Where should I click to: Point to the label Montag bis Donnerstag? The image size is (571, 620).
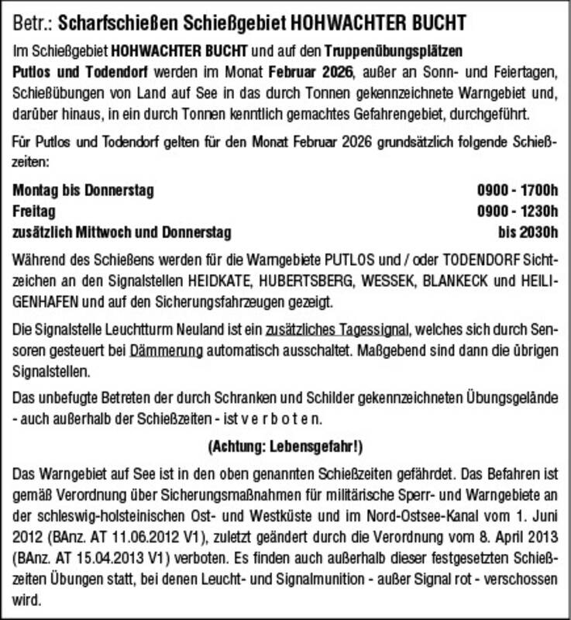84,190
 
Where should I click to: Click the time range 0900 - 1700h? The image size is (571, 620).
518,190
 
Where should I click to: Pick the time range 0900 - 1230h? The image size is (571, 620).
518,211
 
